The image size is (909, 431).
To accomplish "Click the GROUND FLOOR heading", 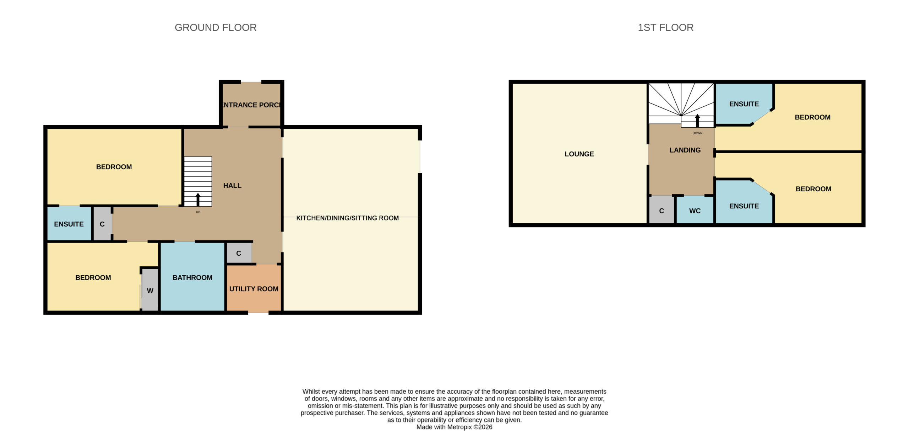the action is coord(216,27).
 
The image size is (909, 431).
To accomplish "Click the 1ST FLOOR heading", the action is coord(665,27).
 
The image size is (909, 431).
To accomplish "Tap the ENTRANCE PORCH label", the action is coord(251,105).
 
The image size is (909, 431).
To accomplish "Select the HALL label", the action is coord(232,185).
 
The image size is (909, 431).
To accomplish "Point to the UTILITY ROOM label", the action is coord(254,289).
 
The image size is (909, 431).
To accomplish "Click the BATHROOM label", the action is coord(192,277).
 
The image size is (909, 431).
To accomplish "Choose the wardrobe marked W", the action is coord(150,290).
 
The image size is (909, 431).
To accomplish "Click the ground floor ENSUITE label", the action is coord(69,224).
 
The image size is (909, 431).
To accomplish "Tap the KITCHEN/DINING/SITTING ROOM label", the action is coord(347,218).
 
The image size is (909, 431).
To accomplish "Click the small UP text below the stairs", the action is coord(198,212).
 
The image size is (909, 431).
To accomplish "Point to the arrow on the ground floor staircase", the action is coord(198,199).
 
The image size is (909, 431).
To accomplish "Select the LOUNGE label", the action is coord(579,154).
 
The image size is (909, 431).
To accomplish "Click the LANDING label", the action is coord(685,150).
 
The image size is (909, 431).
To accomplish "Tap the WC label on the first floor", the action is coord(695,211).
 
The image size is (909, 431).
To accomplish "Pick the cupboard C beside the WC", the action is coord(662,210).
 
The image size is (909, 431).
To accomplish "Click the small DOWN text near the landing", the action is coord(697,133).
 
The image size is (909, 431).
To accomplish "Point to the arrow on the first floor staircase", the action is coord(697,121).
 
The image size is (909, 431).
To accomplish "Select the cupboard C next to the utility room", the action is coord(239,253).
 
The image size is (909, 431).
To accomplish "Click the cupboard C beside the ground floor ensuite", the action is coord(102,224).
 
